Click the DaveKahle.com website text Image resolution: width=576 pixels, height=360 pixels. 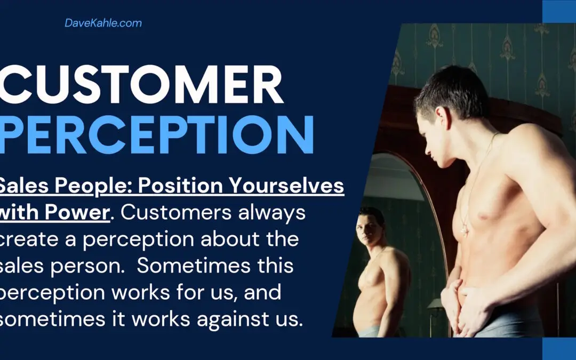coord(103,23)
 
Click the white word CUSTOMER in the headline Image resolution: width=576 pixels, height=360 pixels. coord(141,85)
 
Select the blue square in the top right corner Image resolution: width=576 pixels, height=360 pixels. coord(559,11)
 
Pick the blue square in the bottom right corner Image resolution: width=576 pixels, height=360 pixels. coord(559,349)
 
